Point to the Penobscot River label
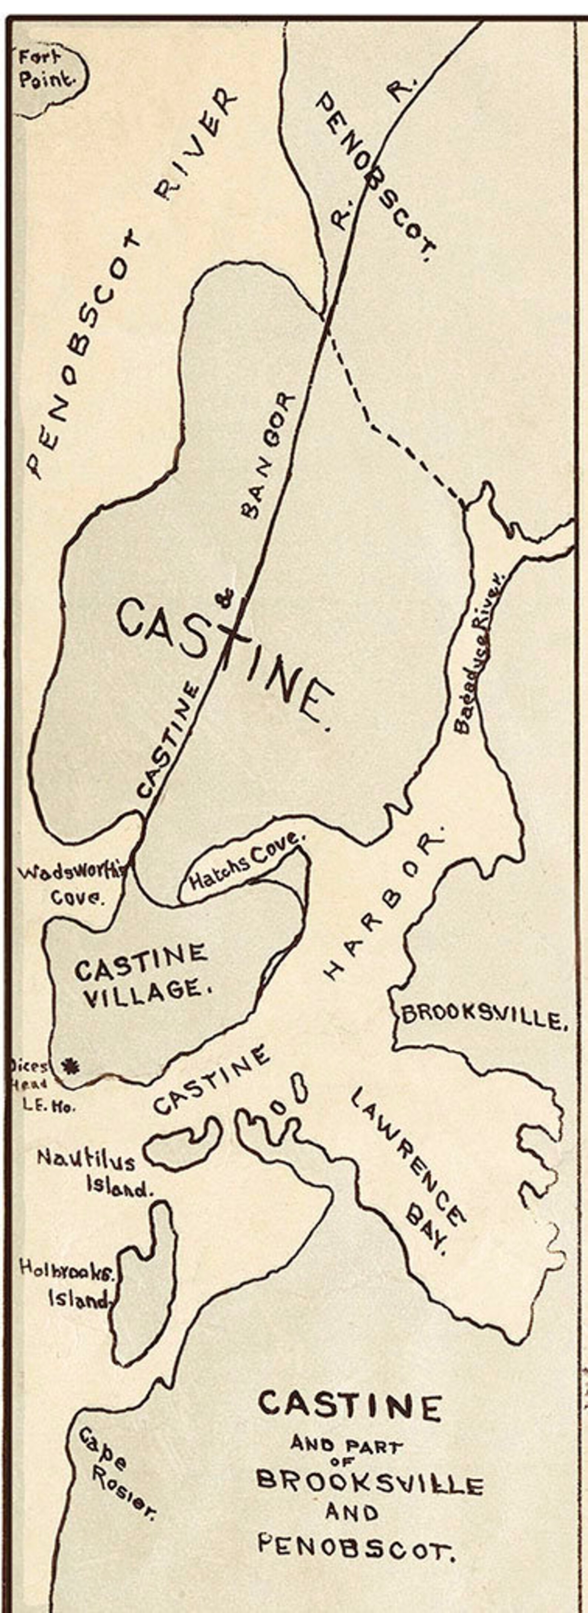click(x=131, y=282)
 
